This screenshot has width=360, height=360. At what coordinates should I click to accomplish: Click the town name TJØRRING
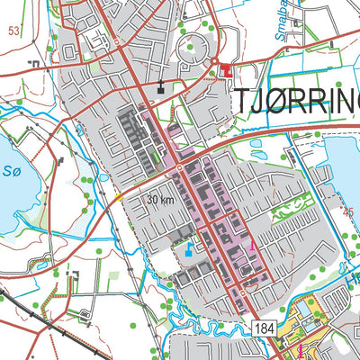tap(297, 103)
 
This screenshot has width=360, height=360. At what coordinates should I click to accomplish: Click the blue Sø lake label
tap(10, 169)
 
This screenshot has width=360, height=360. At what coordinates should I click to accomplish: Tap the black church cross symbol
tap(162, 87)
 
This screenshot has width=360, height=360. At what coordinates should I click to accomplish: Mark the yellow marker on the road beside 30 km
tap(119, 197)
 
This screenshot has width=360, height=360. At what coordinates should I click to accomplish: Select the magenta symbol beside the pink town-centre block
tap(253, 245)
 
